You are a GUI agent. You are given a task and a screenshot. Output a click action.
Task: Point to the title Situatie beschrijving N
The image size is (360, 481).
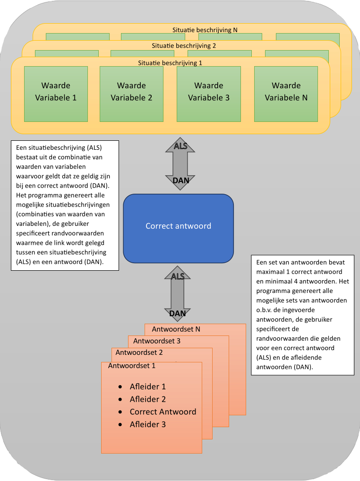click(205, 30)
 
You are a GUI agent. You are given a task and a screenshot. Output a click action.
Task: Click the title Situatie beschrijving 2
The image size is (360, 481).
click(184, 46)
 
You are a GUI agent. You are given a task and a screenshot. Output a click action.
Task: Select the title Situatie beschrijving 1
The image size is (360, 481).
click(170, 62)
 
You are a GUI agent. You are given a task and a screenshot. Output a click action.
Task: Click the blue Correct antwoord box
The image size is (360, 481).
click(178, 226)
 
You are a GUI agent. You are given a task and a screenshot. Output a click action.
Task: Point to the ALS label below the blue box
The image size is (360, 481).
click(178, 276)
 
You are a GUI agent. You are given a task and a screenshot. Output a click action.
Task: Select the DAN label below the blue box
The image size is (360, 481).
click(178, 313)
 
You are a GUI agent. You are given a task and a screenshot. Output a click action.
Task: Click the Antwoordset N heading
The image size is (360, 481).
click(176, 329)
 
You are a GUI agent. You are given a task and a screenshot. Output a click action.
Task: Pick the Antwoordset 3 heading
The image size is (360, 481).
click(157, 341)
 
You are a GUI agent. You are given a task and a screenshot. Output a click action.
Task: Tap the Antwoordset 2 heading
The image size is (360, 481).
click(139, 352)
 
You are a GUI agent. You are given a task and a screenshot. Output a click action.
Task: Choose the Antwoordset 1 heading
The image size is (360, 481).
click(131, 366)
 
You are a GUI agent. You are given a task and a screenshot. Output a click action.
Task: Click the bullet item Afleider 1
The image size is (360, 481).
click(147, 387)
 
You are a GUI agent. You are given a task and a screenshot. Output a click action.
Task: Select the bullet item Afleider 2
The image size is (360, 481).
click(147, 399)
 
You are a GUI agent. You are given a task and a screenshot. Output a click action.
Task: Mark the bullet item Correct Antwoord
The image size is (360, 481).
click(163, 412)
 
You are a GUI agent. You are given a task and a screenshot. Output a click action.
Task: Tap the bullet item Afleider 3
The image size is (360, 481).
click(147, 424)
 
